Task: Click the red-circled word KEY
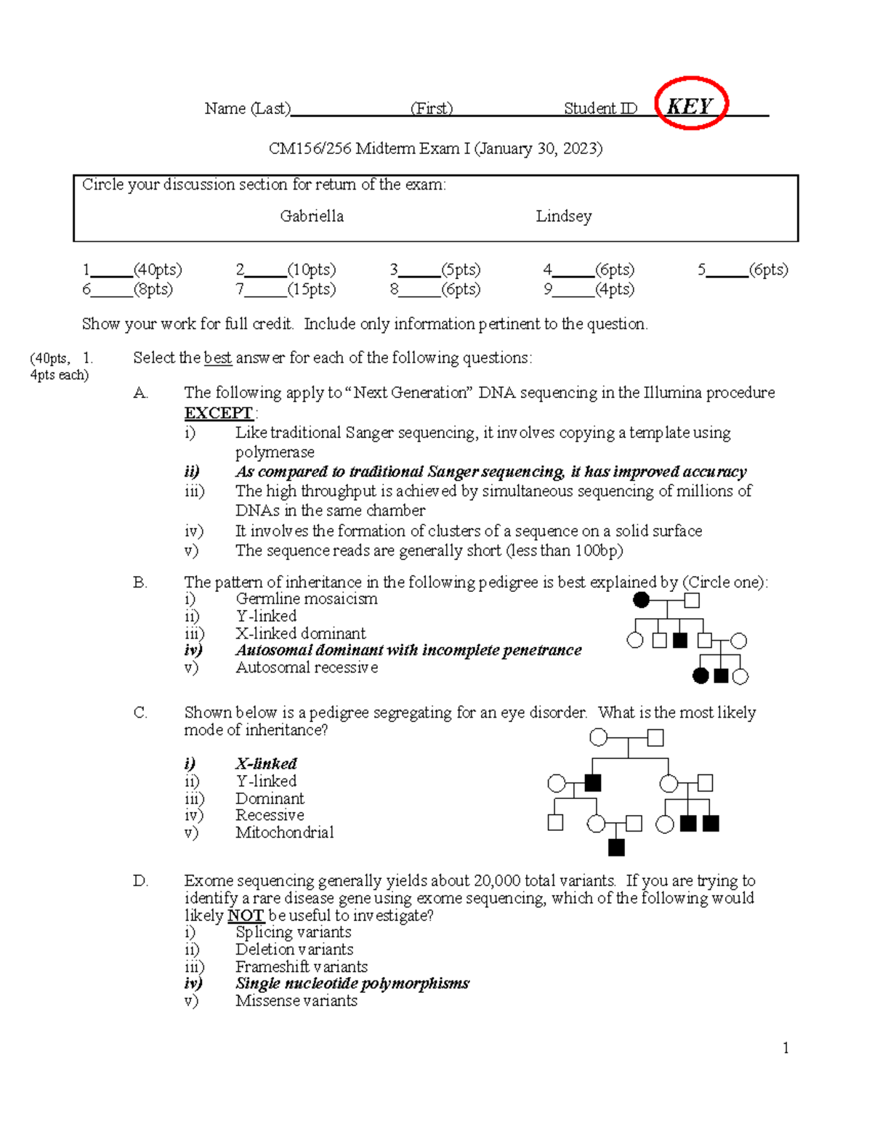[x=690, y=106]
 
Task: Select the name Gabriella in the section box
[x=312, y=216]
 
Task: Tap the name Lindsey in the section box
[x=563, y=216]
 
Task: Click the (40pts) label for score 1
[x=158, y=270]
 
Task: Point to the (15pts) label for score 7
[x=312, y=290]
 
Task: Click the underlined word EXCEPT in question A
[x=218, y=413]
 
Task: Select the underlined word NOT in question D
[x=245, y=915]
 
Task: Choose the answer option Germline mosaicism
[x=306, y=599]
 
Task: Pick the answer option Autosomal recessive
[x=306, y=668]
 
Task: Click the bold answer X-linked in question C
[x=266, y=764]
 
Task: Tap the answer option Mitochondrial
[x=284, y=832]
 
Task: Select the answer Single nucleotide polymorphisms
[x=352, y=983]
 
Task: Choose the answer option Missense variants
[x=296, y=1001]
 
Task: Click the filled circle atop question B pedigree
[x=641, y=600]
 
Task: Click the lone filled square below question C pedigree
[x=616, y=847]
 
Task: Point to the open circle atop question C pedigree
[x=598, y=738]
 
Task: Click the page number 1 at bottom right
[x=786, y=1047]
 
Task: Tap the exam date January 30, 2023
[x=538, y=149]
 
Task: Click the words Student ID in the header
[x=600, y=109]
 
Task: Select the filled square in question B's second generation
[x=680, y=641]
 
